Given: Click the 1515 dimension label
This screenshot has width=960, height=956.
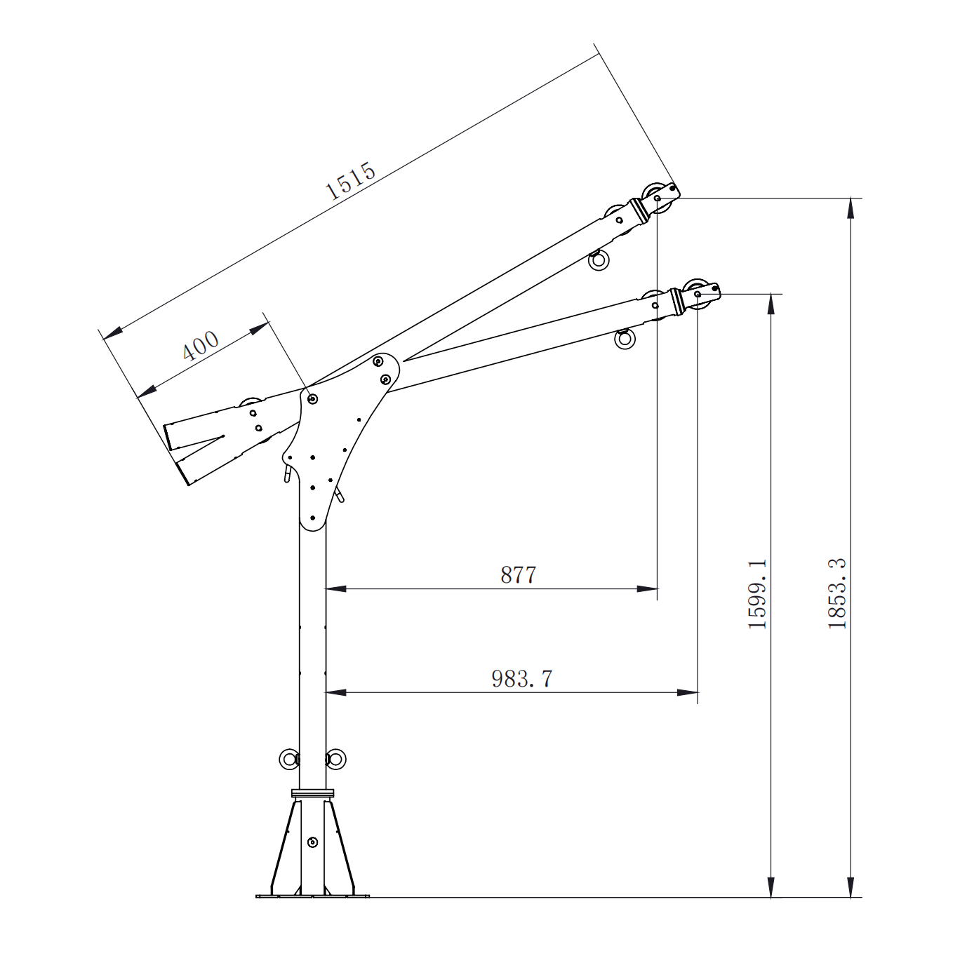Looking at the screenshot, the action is click(x=350, y=180).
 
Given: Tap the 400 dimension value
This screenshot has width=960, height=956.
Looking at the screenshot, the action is click(x=200, y=345).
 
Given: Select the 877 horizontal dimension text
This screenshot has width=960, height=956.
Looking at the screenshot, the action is click(x=518, y=575).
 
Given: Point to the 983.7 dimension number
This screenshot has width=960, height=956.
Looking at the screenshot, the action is click(x=521, y=678).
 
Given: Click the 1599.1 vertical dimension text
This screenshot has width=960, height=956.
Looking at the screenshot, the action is click(x=757, y=594).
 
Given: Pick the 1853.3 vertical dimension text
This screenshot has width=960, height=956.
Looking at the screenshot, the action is click(x=837, y=593).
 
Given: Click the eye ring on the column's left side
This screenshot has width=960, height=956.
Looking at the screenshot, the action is click(x=289, y=759).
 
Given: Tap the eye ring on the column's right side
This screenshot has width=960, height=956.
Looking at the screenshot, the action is click(x=335, y=759).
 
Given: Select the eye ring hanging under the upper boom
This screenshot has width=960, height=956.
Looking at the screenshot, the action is click(x=599, y=260).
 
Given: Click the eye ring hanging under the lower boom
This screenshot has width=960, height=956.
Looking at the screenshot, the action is click(x=625, y=339).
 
